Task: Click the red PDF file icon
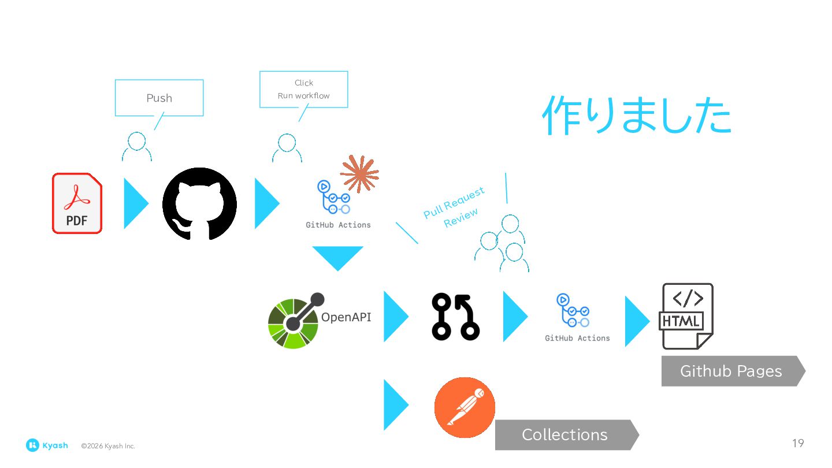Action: click(77, 203)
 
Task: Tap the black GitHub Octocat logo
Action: click(199, 203)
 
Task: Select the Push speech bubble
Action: click(159, 98)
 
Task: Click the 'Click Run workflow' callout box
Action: click(303, 89)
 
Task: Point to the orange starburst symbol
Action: click(359, 173)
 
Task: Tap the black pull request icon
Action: click(455, 317)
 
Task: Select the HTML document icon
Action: click(687, 316)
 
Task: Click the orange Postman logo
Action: click(465, 407)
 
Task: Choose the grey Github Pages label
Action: click(731, 371)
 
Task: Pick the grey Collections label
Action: click(565, 434)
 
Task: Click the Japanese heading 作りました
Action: click(636, 116)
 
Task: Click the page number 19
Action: click(797, 443)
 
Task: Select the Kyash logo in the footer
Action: click(47, 445)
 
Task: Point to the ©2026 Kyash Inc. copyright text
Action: click(108, 446)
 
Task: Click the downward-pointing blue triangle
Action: click(337, 256)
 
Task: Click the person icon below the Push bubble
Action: click(137, 147)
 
